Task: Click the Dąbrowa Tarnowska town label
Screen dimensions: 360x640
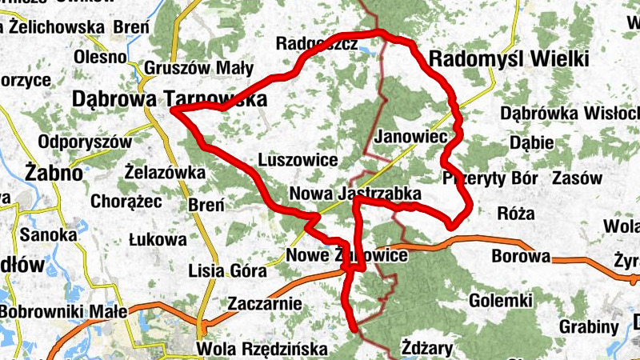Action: coord(168,98)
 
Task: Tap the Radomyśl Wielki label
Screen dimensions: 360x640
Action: coord(509,59)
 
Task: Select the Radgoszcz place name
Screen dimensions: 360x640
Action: coord(316,44)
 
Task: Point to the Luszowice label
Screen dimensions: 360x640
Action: coord(298,160)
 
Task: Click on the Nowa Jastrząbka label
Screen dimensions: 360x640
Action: coord(354,194)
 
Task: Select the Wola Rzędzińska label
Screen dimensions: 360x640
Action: coord(262,350)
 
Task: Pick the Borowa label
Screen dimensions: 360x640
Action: coord(521,258)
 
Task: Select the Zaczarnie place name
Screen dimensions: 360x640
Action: coord(265,304)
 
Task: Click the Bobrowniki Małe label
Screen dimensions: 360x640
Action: coord(63,311)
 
